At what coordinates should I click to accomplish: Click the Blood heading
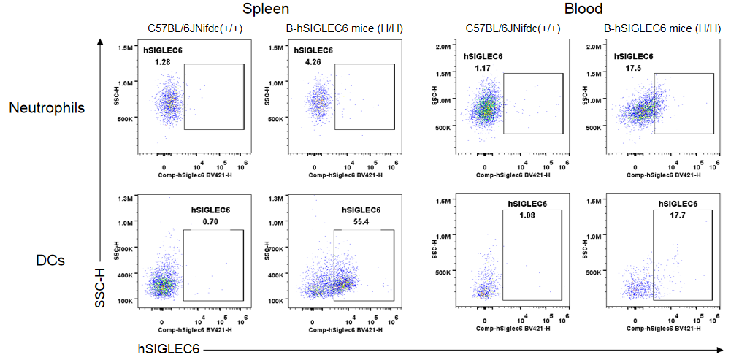point(583,9)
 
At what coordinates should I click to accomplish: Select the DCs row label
point(51,260)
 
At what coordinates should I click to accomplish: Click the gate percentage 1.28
point(163,63)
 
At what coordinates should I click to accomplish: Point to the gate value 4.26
point(313,63)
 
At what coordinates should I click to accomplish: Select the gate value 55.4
point(361,222)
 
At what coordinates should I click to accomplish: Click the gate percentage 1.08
point(527,216)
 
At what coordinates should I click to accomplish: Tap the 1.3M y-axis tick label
point(123,199)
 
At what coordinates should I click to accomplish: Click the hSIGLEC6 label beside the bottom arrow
point(169,348)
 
